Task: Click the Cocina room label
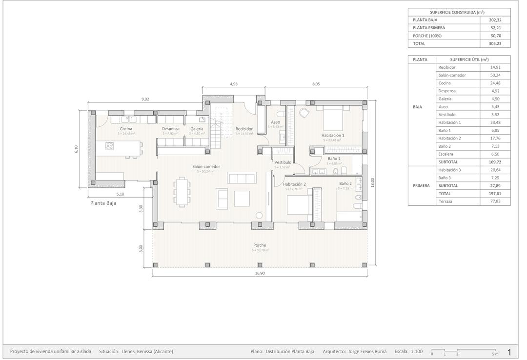pos(126,129)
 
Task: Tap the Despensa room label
pos(170,129)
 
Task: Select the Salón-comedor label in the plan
pos(206,166)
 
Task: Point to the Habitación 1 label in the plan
pos(333,135)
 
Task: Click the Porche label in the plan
pos(260,245)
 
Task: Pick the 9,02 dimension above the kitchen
pos(145,99)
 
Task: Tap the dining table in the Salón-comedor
pos(182,192)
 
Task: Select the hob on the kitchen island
pos(110,145)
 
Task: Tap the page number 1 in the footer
pos(509,351)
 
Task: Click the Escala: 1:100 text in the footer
pos(408,351)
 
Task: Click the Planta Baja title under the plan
pos(103,203)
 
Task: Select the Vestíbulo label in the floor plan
pos(283,162)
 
